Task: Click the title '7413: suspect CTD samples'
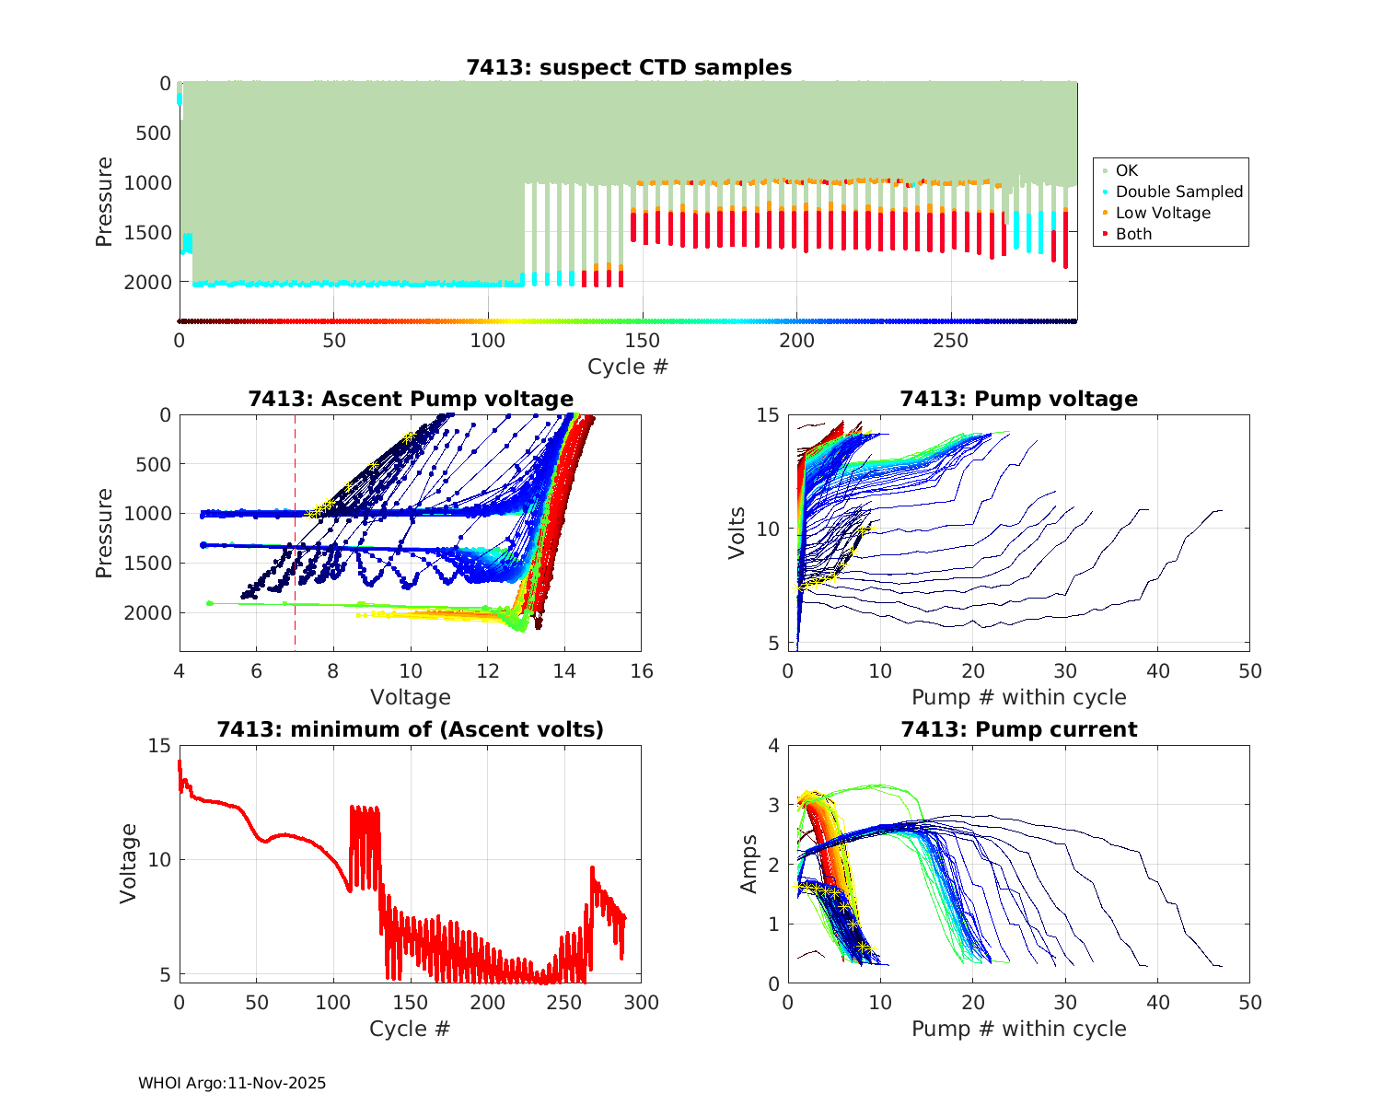coord(629,67)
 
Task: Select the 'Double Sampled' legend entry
coord(1178,192)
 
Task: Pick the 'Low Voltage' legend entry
coord(1162,213)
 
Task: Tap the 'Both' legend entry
coord(1133,234)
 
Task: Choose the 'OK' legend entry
coord(1126,170)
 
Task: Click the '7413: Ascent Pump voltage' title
coord(411,399)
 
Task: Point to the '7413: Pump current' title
coord(1019,729)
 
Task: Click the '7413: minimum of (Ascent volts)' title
coord(411,729)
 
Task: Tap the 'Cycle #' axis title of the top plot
coord(628,366)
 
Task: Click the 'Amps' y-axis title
coord(749,864)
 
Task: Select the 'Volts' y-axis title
coord(737,532)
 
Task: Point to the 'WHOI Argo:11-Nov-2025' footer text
coord(232,1083)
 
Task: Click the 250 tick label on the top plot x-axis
coord(951,341)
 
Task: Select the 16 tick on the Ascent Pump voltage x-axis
coord(642,671)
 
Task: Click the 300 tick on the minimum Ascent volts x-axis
coord(642,1002)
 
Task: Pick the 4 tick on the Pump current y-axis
coord(773,746)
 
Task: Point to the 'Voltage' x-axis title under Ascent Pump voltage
coord(411,697)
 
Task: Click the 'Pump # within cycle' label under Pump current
coord(1019,1029)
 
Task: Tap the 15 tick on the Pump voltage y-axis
coord(769,415)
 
